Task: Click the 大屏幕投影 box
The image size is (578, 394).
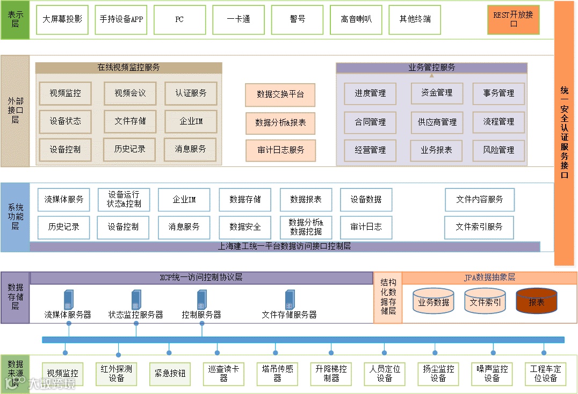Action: coord(62,19)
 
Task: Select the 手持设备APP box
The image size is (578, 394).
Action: coord(121,19)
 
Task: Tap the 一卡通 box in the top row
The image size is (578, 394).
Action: coord(239,19)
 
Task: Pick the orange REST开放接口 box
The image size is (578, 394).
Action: coord(513,19)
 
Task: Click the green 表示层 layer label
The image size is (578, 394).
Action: coord(15,20)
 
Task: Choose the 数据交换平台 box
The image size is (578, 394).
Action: coord(280,94)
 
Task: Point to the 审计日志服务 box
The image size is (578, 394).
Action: coord(280,150)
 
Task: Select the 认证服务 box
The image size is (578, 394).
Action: coord(191,93)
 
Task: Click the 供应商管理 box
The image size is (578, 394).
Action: coord(437,122)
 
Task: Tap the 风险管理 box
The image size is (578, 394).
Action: coord(498,150)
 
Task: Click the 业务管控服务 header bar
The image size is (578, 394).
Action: coord(431,68)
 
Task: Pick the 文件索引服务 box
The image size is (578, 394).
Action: coord(479,227)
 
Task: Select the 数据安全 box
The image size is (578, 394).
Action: coord(245,227)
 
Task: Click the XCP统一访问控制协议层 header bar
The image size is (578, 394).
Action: coord(201,278)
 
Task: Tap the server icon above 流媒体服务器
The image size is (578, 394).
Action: coord(69,300)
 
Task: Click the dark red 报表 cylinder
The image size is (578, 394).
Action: coord(536,301)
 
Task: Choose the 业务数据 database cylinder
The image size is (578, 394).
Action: coord(433,301)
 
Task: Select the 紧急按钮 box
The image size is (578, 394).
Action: coord(170,374)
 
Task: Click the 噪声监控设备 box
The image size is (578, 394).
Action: coord(492,374)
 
